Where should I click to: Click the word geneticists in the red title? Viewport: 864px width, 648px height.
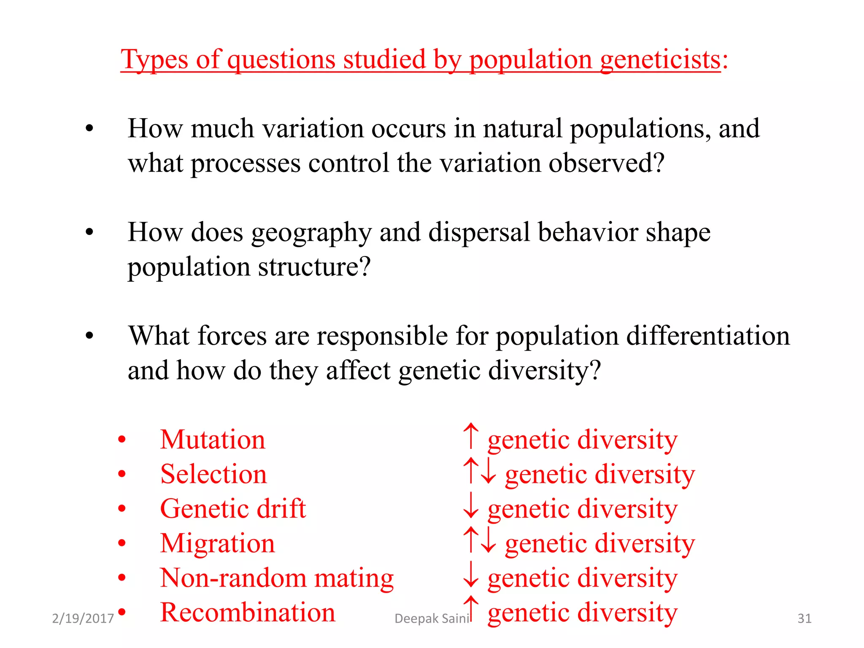660,59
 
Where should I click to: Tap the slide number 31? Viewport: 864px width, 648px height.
804,618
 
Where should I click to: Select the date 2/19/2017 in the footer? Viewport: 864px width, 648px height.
83,618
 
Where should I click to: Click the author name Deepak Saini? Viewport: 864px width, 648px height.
431,618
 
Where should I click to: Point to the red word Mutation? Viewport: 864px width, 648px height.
213,440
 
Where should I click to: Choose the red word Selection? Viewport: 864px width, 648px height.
213,474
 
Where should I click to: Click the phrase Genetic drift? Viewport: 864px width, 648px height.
232,509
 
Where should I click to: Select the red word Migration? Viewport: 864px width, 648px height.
217,543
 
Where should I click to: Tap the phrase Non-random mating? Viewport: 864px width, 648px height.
276,578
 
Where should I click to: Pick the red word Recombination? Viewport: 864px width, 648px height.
248,613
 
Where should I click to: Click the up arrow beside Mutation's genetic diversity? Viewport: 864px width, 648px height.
471,436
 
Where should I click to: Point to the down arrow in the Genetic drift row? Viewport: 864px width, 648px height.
471,506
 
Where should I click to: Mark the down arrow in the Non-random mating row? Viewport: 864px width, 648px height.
471,575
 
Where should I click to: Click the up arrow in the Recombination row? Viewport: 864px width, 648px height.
471,609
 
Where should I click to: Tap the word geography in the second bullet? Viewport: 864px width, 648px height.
311,233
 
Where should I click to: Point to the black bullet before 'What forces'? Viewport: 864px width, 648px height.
89,336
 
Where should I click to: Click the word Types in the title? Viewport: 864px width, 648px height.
154,59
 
